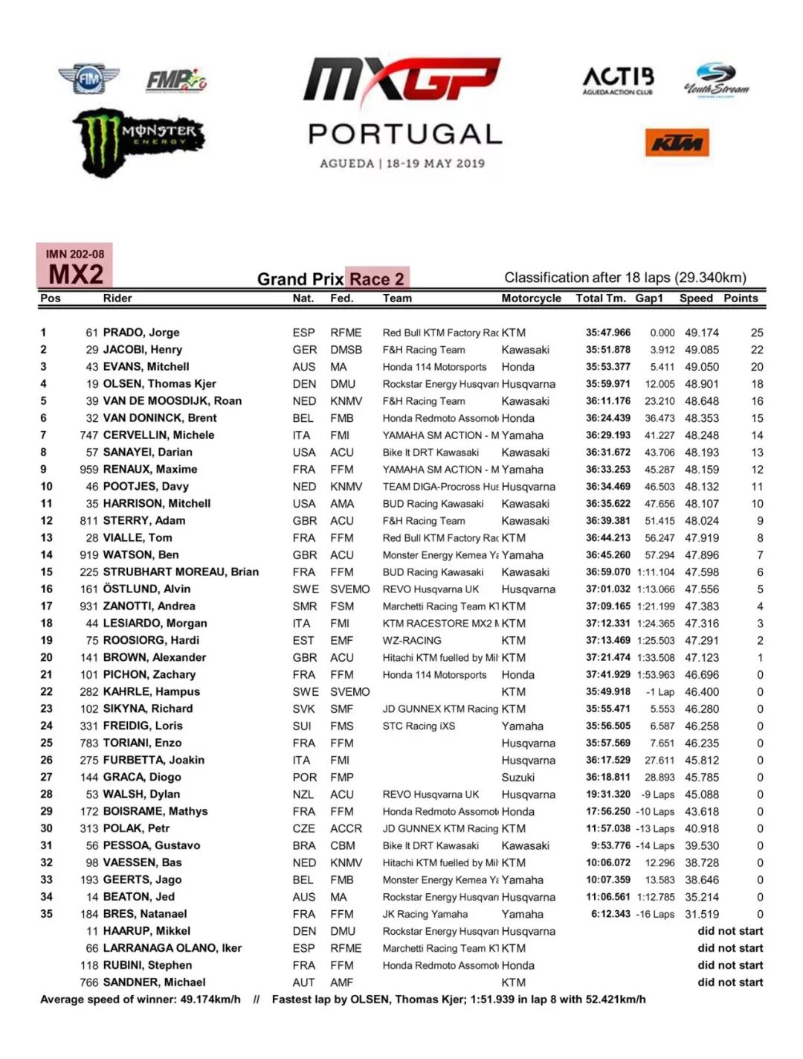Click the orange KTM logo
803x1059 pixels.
pos(676,142)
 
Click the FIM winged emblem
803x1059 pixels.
pos(88,78)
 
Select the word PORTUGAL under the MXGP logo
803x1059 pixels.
pos(405,134)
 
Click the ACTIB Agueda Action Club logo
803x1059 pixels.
pos(618,80)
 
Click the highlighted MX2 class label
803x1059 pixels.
pos(75,274)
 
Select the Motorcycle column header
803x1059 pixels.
pos(531,298)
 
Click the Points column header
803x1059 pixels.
pos(741,298)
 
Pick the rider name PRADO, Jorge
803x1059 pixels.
pos(141,333)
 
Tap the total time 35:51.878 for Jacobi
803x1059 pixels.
pos(607,350)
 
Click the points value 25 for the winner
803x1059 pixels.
pos(757,333)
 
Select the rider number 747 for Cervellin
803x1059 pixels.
pos(89,435)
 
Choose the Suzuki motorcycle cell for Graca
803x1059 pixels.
pos(517,778)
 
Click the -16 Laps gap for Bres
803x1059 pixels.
pos(655,915)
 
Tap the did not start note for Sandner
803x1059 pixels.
pos(730,982)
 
